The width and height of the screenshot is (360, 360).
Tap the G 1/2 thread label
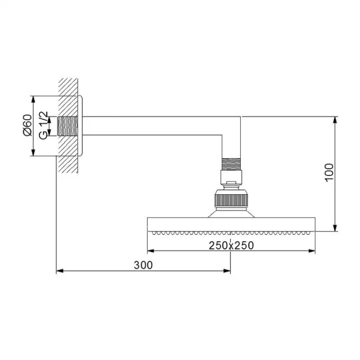tap(45, 125)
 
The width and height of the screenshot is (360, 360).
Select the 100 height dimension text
tap(329, 172)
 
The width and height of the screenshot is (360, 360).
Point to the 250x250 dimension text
tap(231, 245)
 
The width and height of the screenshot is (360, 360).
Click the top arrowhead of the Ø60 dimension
tap(33, 98)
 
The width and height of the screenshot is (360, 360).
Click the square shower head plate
tap(231, 224)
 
